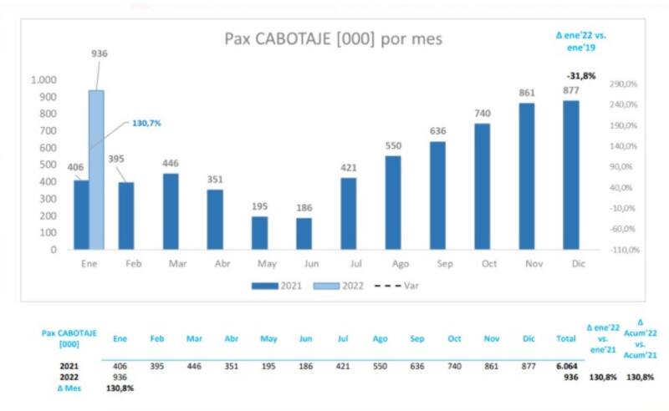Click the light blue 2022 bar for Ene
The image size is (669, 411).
(x=96, y=170)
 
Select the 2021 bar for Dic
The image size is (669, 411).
(x=571, y=175)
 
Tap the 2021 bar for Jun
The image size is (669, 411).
(x=304, y=233)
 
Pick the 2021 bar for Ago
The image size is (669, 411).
(x=393, y=202)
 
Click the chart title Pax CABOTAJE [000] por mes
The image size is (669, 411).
(x=334, y=39)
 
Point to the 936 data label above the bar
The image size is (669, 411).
(x=100, y=54)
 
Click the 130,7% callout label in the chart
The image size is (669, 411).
(x=146, y=123)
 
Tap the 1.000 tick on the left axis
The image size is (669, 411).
(x=43, y=80)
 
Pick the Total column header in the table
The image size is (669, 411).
(x=566, y=339)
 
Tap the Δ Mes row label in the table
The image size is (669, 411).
(x=69, y=388)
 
